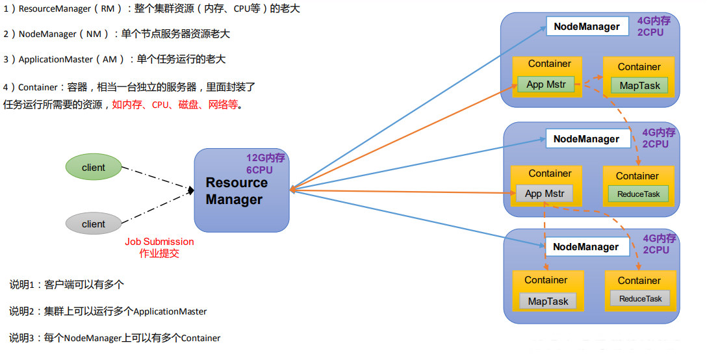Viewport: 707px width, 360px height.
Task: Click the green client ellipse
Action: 94,168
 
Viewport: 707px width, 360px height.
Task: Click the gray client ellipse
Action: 94,224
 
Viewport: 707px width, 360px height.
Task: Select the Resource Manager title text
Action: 237,191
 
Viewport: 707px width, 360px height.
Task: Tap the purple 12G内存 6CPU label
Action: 265,164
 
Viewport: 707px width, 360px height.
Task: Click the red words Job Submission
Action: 159,242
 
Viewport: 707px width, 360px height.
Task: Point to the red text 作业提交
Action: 159,253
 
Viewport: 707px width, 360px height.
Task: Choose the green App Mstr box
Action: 546,84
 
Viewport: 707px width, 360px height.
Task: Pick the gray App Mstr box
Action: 545,194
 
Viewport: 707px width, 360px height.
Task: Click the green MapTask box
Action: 639,86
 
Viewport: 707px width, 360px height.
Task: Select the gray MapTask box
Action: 548,302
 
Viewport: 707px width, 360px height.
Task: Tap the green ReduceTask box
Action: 638,194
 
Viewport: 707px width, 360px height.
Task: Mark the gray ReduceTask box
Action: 640,298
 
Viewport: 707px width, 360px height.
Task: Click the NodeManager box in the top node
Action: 587,27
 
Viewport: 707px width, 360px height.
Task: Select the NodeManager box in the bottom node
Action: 586,247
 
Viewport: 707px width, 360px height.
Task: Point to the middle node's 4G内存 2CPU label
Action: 658,138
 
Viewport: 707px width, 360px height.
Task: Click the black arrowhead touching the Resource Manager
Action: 191,190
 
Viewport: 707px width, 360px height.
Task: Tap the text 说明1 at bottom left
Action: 22,285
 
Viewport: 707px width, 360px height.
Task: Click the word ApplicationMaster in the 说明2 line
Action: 170,311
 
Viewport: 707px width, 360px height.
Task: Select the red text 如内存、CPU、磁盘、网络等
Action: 175,105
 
